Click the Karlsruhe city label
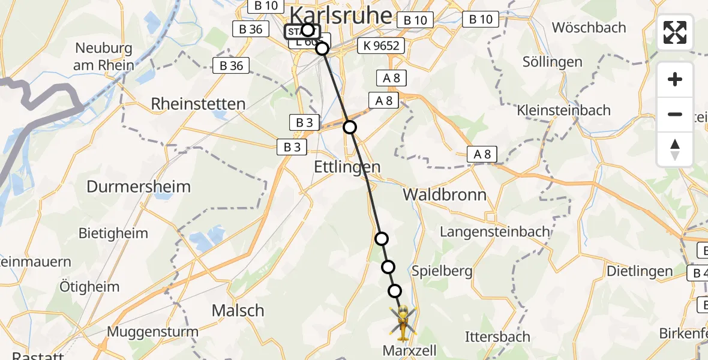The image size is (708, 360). (x=341, y=14)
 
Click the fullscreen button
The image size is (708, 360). (x=675, y=32)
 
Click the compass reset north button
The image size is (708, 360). (x=675, y=149)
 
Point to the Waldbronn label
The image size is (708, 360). (x=445, y=194)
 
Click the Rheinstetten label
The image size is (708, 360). (x=198, y=104)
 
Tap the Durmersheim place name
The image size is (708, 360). (x=139, y=187)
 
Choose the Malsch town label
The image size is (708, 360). (x=238, y=310)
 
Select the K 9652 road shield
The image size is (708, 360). (x=381, y=46)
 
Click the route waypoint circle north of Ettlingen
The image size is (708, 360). (x=350, y=127)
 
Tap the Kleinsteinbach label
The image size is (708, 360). (x=563, y=110)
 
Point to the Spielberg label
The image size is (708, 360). (x=442, y=271)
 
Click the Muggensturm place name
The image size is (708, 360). (x=153, y=331)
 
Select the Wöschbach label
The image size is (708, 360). (x=589, y=28)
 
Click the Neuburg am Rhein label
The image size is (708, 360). (x=103, y=56)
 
